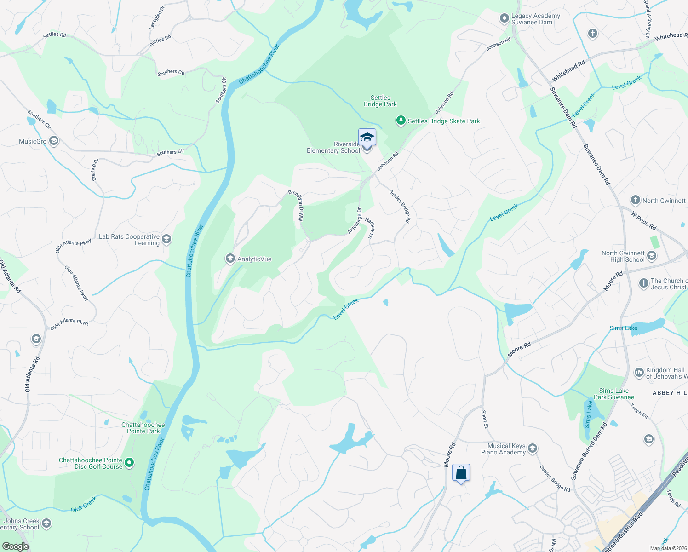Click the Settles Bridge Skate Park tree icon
(x=401, y=121)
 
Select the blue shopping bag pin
(x=461, y=473)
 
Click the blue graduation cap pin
(x=367, y=138)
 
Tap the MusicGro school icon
(x=54, y=141)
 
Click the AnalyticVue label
(x=254, y=259)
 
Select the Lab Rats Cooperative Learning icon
(x=166, y=239)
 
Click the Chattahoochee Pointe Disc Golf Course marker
(x=130, y=462)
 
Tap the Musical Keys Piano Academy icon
(x=533, y=448)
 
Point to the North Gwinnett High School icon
(x=652, y=256)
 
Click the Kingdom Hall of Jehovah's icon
(x=639, y=372)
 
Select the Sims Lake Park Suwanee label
(x=613, y=394)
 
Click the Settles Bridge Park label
(x=380, y=101)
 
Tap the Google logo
(x=15, y=546)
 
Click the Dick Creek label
(x=84, y=504)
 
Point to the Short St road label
(x=484, y=419)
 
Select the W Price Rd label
(x=643, y=221)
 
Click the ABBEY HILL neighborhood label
(x=670, y=392)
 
